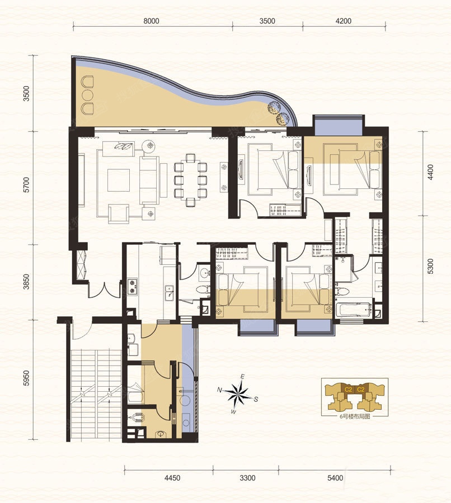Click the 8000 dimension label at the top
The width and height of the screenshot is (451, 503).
151,21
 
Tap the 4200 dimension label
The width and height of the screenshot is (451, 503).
344,21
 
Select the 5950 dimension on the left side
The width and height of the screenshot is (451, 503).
26,378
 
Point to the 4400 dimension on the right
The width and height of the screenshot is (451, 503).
431,172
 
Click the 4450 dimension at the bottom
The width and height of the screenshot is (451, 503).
172,478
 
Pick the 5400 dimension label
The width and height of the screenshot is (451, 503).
335,478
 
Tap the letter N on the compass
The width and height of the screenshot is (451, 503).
220,390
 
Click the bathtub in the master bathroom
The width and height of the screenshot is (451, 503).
353,309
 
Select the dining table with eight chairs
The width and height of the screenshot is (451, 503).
190,179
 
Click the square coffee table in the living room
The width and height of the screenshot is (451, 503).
119,181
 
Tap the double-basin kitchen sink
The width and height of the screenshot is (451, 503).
169,292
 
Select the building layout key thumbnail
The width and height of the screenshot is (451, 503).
355,396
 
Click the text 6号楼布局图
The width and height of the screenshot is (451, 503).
355,417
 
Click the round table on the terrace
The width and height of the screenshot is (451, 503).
87,95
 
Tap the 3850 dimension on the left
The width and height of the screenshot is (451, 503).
26,282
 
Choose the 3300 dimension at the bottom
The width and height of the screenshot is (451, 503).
247,478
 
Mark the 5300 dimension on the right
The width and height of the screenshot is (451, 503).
431,266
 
